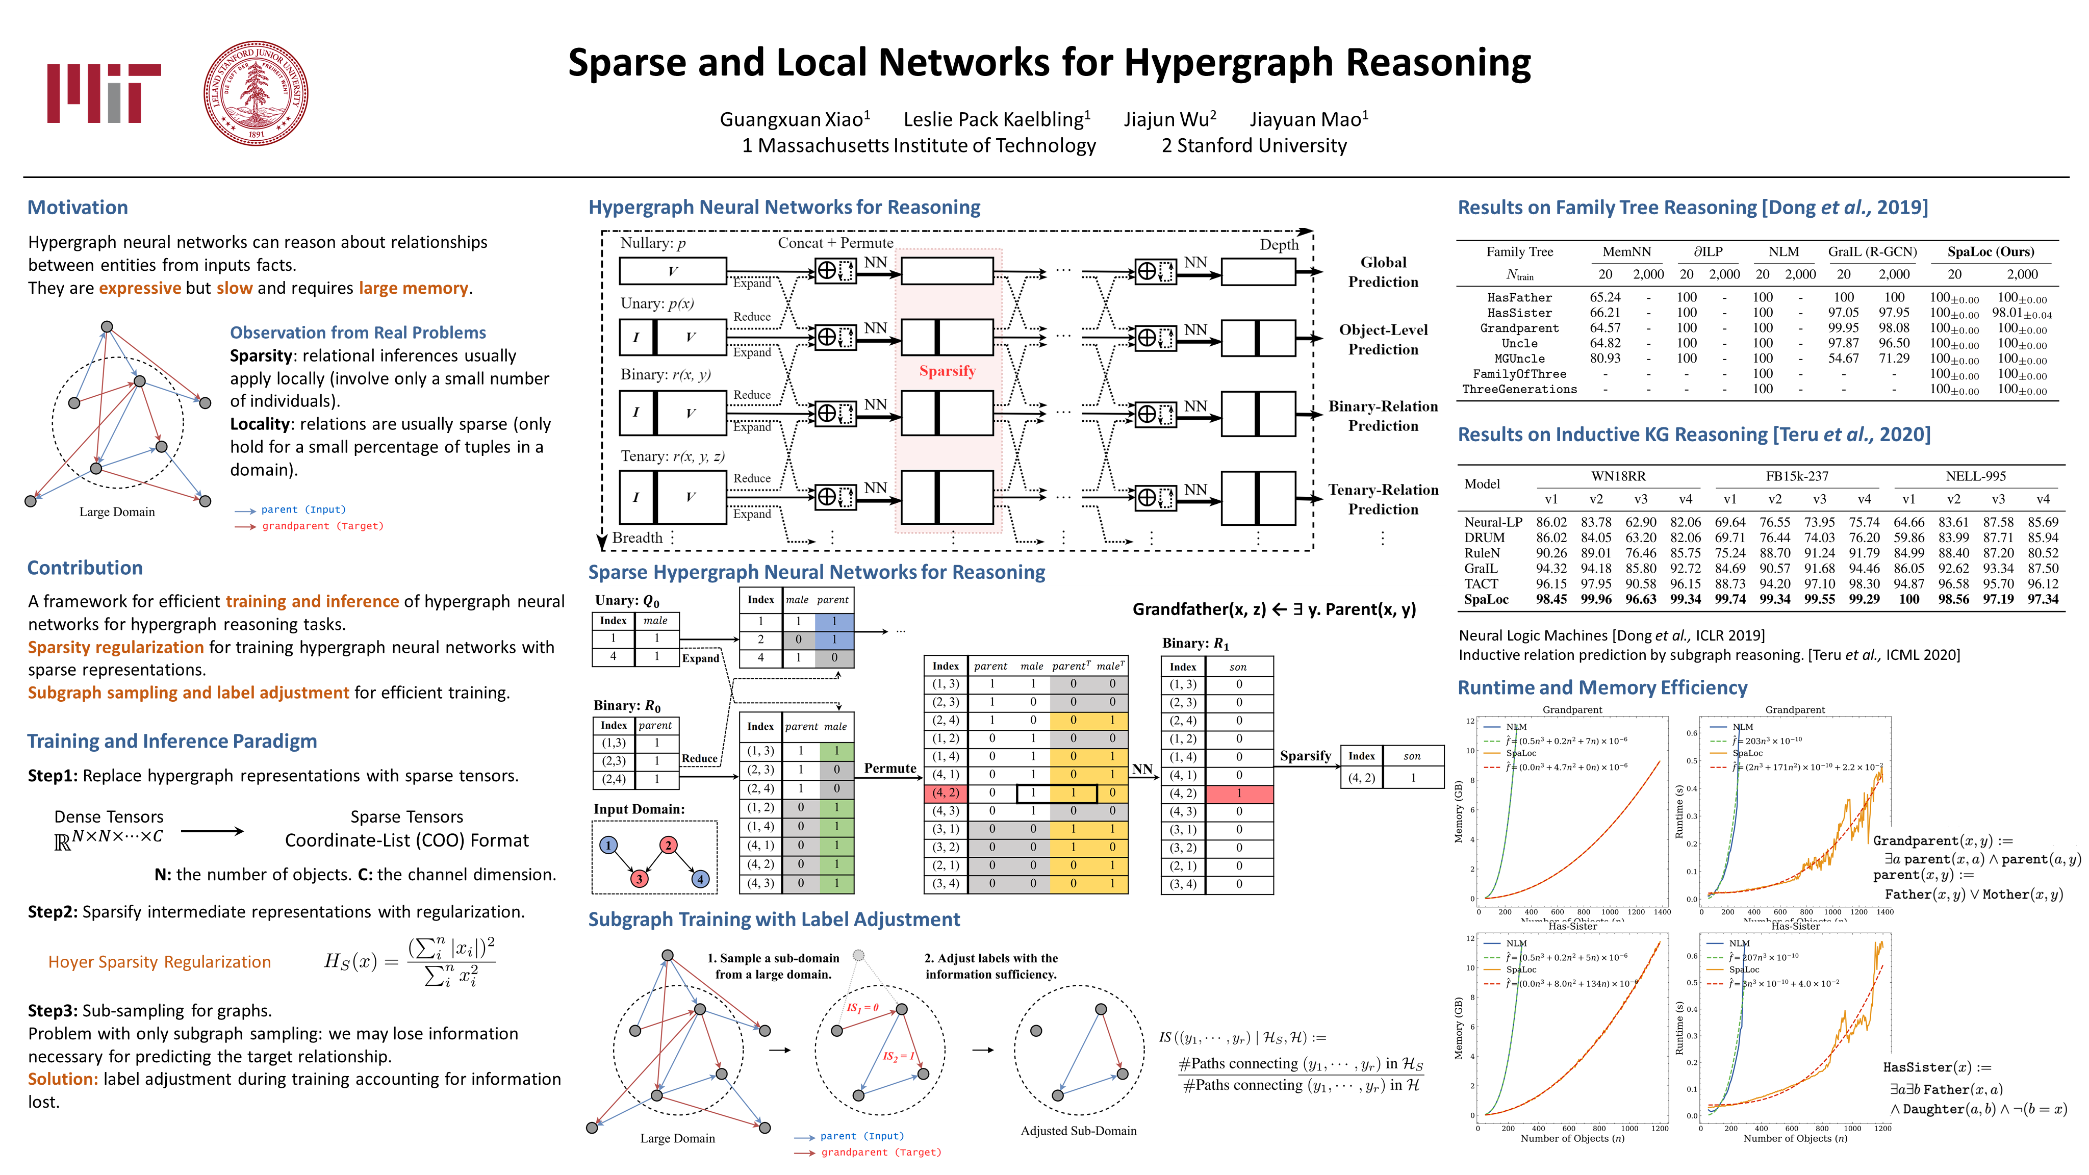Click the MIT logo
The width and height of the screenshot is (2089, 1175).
tap(104, 93)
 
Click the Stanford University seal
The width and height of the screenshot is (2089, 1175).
tap(256, 93)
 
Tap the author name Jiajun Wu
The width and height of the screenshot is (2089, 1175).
tap(1169, 119)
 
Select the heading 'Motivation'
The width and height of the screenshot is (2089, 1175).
tap(78, 208)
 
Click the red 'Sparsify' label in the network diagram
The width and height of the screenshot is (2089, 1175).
tap(947, 371)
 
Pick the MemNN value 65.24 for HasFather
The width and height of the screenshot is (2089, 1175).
tap(1605, 298)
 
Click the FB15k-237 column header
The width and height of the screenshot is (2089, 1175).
tap(1797, 476)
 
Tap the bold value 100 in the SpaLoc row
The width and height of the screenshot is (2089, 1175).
tap(1909, 599)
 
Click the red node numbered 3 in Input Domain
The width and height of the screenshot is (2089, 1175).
tap(639, 878)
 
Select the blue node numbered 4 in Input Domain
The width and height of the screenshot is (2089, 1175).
tap(700, 878)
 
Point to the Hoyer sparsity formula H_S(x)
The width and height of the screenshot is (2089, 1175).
tap(410, 962)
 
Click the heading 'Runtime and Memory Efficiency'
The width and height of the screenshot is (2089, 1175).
tap(1602, 687)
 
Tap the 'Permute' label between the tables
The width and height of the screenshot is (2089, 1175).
tap(889, 768)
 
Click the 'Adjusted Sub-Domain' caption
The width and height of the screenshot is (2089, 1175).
tap(1079, 1131)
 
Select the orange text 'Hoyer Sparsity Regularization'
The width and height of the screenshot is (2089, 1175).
tap(160, 962)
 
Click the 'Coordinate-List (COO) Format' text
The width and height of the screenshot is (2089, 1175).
tap(406, 840)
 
